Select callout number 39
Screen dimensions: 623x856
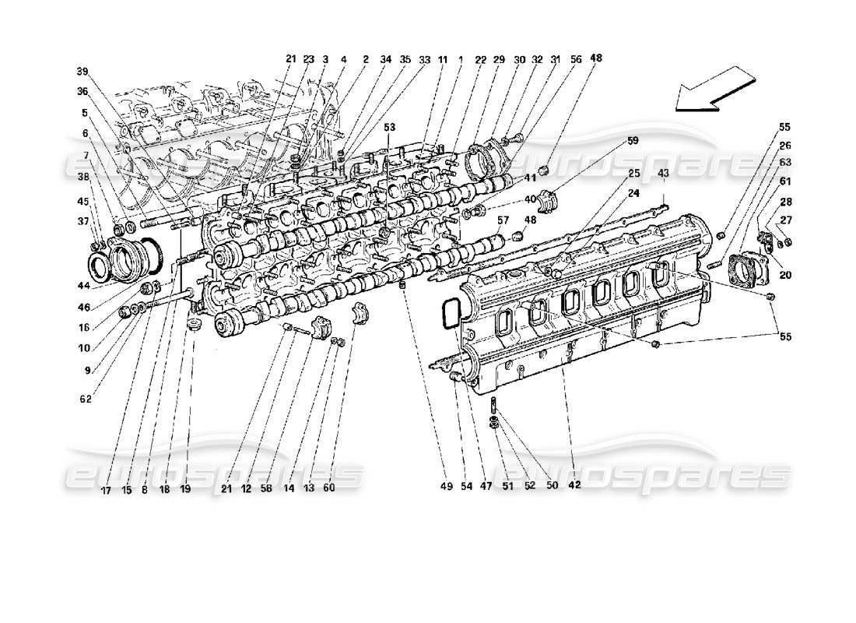(82, 71)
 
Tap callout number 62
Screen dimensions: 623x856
(85, 399)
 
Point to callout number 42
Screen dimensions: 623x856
(574, 484)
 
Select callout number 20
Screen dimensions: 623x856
(784, 274)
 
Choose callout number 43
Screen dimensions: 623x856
(663, 172)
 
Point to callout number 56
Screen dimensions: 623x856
(575, 58)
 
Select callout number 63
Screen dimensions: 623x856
(786, 163)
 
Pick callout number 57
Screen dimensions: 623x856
(503, 220)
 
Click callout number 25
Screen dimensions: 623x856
(634, 173)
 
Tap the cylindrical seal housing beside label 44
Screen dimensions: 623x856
(128, 255)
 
